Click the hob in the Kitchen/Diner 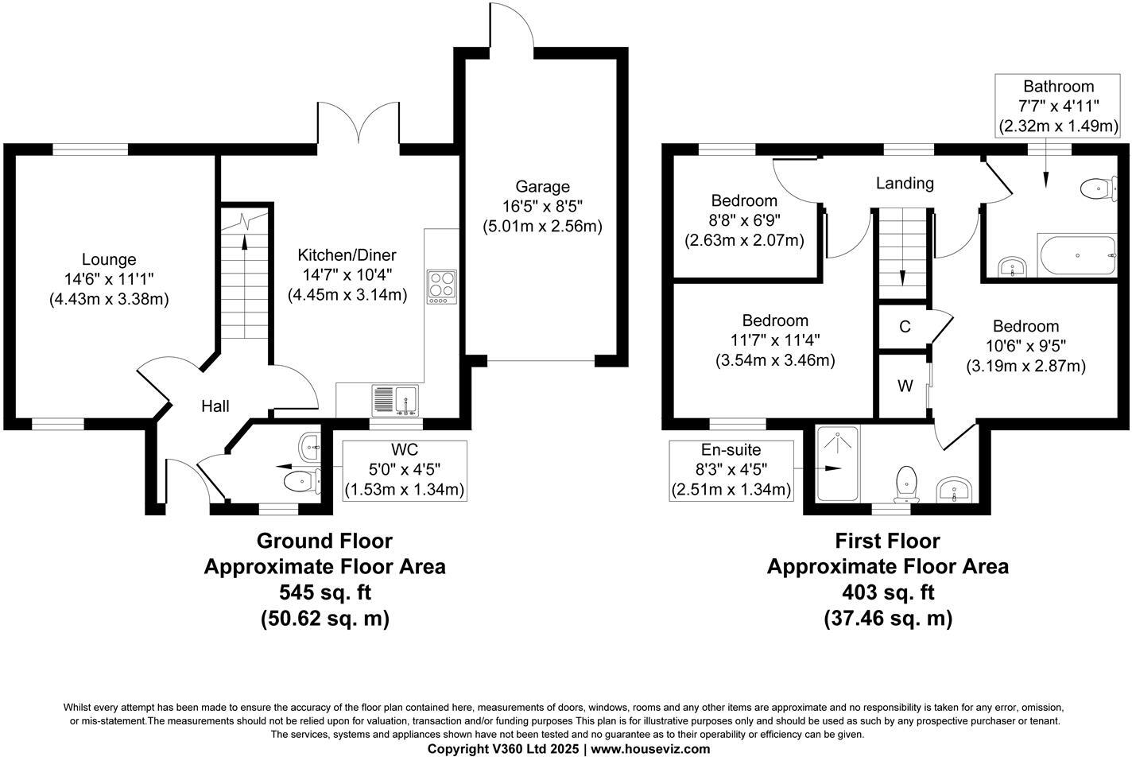pos(442,287)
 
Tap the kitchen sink pos(395,401)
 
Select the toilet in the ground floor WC pos(302,481)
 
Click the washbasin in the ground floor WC pos(309,447)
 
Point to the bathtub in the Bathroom pos(1078,255)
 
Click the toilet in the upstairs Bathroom pos(1099,189)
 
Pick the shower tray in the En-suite pos(837,464)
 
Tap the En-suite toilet pos(906,484)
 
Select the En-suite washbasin pos(954,489)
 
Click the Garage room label pos(542,187)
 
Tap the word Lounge pos(109,259)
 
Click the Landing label pos(905,183)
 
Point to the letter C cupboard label pos(905,327)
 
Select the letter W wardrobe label pos(905,386)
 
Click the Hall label pos(215,406)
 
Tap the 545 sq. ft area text pos(325,592)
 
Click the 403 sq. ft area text pos(888,592)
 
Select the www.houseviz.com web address pos(650,748)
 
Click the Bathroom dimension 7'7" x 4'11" pos(1058,106)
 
